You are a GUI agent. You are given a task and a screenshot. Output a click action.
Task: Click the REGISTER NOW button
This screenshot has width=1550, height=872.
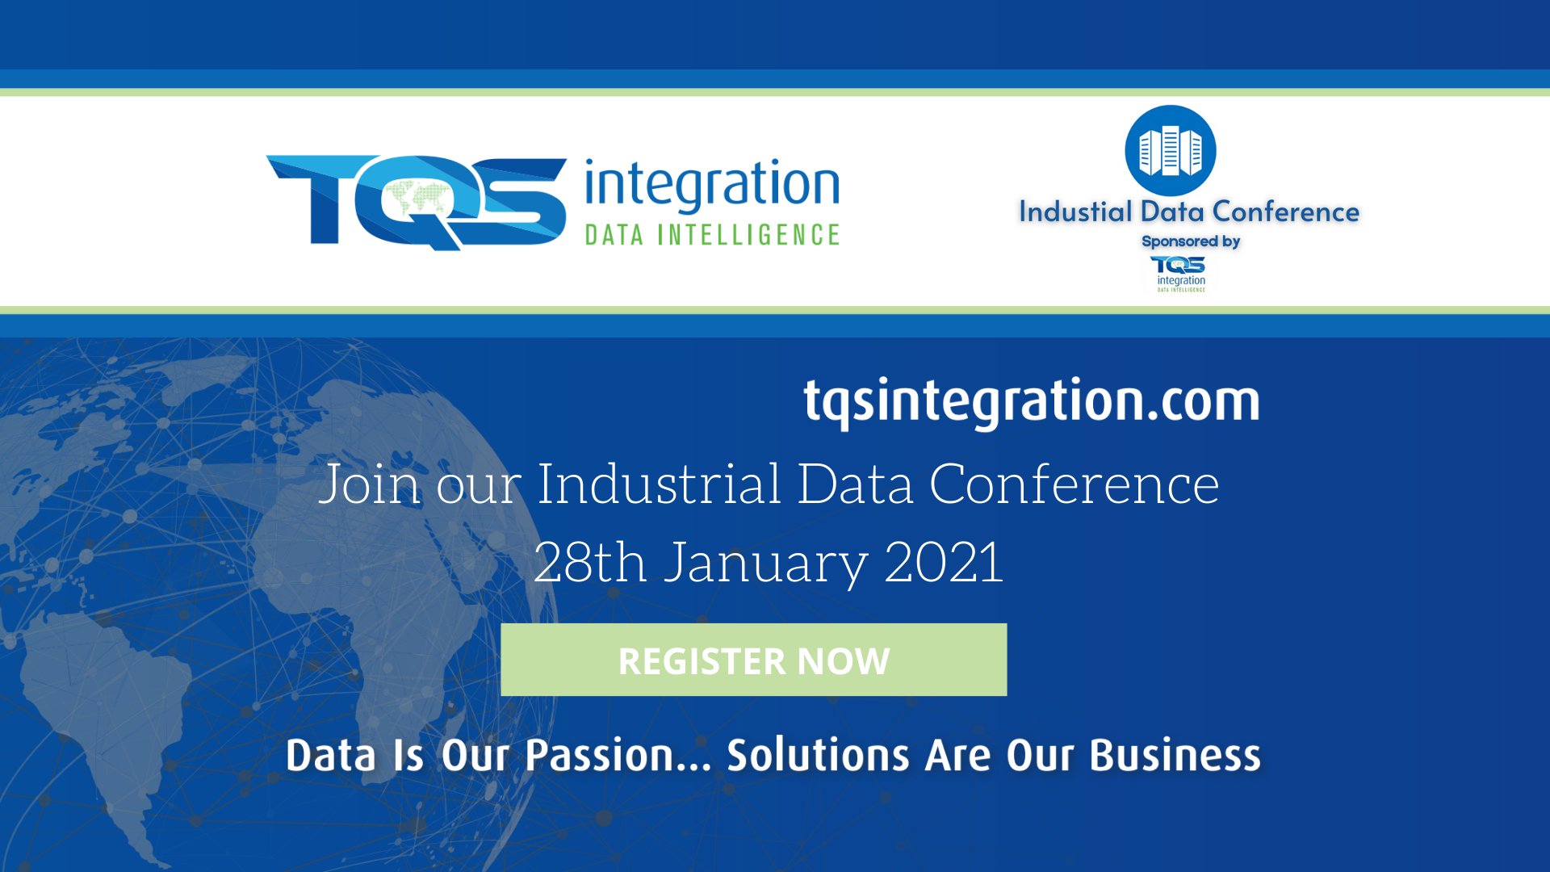coord(753,660)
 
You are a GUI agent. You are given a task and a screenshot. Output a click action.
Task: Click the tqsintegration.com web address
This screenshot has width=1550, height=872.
coord(1031,401)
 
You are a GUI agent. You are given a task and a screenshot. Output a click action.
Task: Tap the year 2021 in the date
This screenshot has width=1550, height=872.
coord(944,562)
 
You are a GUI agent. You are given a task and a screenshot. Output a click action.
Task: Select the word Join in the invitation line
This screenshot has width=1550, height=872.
coord(370,485)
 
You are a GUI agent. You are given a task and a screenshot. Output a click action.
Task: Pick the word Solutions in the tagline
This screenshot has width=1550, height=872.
coord(818,755)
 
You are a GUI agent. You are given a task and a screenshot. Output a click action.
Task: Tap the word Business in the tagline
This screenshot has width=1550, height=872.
coord(1175,755)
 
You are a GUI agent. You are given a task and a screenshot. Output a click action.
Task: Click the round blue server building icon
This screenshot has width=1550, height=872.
coord(1170,151)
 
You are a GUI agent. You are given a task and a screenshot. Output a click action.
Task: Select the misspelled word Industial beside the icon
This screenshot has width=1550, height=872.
coord(1075,212)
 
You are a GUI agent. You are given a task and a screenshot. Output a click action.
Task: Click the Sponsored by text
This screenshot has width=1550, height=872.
coord(1190,241)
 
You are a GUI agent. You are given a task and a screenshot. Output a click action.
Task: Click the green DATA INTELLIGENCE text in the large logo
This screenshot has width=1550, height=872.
coord(712,235)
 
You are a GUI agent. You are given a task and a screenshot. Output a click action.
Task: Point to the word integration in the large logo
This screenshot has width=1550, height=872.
coord(711,185)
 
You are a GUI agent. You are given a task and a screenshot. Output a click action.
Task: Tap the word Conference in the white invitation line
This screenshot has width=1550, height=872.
coord(1074,484)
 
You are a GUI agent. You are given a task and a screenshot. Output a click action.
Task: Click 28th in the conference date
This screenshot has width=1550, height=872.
coord(589,562)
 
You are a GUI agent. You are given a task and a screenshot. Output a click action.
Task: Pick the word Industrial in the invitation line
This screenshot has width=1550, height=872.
coord(659,484)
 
